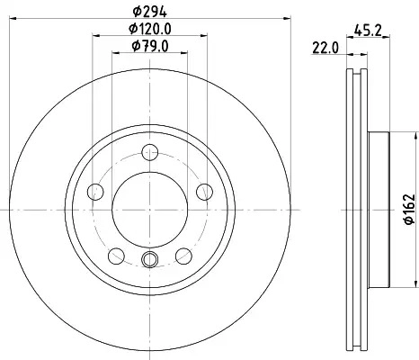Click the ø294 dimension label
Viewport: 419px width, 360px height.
click(149, 12)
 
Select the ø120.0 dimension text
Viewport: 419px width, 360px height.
click(150, 29)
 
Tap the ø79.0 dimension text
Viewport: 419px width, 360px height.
click(150, 46)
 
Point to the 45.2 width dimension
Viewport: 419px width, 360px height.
click(368, 31)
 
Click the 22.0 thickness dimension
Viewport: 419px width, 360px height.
click(325, 48)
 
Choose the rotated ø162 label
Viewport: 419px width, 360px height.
click(409, 209)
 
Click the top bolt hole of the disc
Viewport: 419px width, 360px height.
click(149, 152)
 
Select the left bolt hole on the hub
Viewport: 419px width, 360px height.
click(95, 192)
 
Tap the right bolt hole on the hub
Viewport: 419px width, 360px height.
click(204, 192)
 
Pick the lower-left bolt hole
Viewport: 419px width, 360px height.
click(116, 256)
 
